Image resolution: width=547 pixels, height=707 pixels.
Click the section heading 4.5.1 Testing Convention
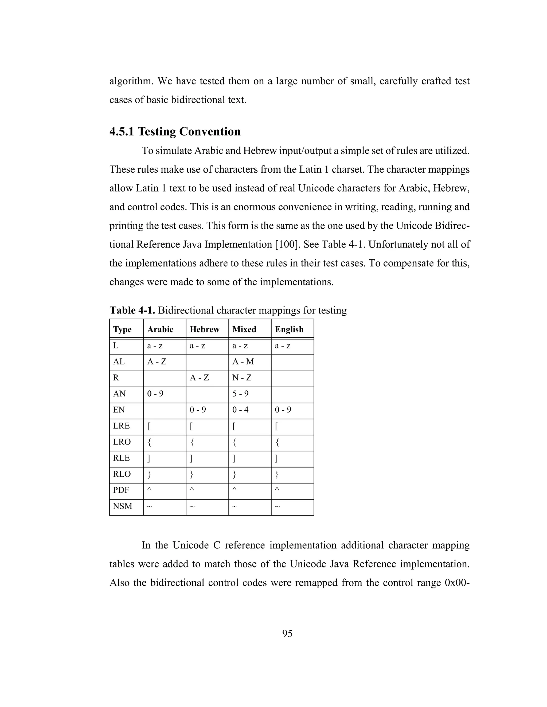coord(175,132)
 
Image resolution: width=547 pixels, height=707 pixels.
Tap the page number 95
coord(287,634)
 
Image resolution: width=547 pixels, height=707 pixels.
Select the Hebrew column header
coord(205,329)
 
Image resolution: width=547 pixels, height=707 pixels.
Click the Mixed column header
coord(244,329)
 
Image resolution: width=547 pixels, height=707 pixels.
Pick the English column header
coord(289,329)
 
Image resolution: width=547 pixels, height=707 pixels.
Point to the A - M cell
coord(243,362)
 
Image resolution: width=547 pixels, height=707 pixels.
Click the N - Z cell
coord(242,378)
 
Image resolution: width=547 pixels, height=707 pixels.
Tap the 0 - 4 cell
coord(240,410)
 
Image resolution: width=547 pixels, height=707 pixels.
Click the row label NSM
coord(123,506)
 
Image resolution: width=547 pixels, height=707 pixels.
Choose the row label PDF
coord(121,490)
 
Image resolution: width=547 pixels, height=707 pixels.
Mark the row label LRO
coord(122,442)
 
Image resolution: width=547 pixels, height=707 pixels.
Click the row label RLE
coord(121,458)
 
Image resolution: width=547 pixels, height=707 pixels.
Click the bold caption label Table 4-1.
coord(132,311)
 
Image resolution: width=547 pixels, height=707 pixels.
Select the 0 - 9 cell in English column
coord(283,410)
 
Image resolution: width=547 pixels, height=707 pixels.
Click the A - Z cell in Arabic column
coord(157,362)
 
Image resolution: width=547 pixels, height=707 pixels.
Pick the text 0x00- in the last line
coord(457,583)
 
